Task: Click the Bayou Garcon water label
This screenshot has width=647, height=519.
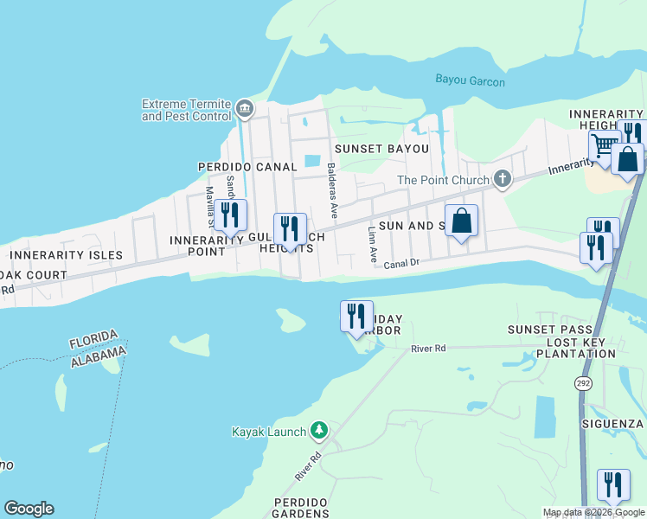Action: (x=470, y=82)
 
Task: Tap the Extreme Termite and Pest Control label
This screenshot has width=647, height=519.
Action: (x=187, y=110)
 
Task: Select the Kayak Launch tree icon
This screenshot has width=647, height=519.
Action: (x=319, y=430)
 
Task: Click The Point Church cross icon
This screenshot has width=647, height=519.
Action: (x=501, y=180)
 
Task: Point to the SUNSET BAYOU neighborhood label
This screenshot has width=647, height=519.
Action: (x=381, y=149)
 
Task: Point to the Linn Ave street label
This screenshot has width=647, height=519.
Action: (x=372, y=244)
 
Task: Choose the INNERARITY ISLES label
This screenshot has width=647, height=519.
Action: (x=66, y=255)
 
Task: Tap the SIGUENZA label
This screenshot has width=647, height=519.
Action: (x=616, y=424)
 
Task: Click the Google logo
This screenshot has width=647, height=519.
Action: (x=29, y=509)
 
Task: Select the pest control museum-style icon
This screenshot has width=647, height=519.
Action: (x=245, y=108)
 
